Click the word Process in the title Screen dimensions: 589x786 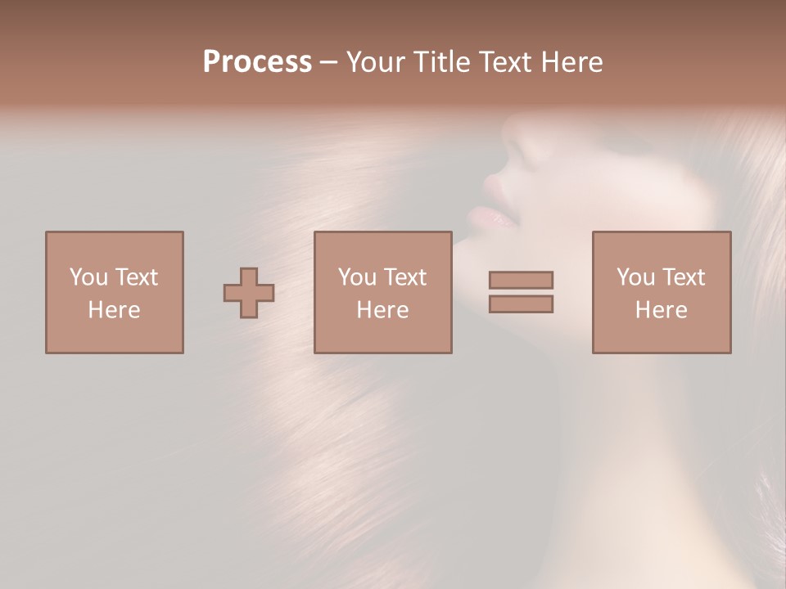click(257, 62)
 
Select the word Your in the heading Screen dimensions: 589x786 click(377, 62)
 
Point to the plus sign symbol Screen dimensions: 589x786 click(249, 293)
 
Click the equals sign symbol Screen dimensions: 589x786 click(521, 292)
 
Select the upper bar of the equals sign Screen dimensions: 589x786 click(521, 280)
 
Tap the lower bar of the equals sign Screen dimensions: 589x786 click(521, 304)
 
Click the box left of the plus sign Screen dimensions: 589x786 click(115, 292)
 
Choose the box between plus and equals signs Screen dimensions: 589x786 click(383, 292)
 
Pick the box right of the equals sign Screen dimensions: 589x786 click(662, 292)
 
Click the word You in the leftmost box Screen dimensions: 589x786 click(88, 277)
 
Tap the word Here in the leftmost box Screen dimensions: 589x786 click(115, 310)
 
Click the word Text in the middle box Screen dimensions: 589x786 click(404, 277)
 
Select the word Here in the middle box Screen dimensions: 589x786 click(383, 310)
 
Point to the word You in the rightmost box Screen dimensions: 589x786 click(635, 277)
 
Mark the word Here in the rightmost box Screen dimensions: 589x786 click(662, 310)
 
